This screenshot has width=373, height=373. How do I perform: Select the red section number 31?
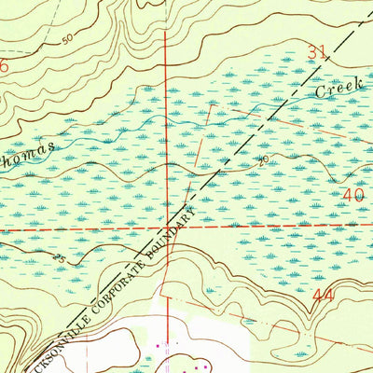(x=318, y=56)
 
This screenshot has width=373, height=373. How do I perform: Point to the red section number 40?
(x=352, y=196)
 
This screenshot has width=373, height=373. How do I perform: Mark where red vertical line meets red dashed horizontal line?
(x=167, y=227)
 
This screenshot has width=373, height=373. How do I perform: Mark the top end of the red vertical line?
(x=165, y=30)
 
